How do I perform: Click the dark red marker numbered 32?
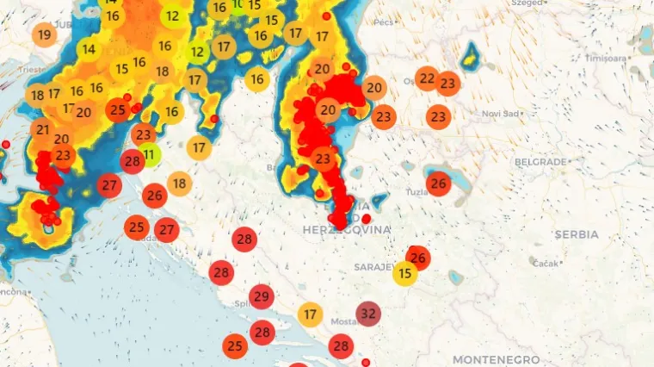point(369,313)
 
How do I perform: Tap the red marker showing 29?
point(262,297)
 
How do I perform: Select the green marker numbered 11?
point(150,155)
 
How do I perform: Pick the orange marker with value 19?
point(45,35)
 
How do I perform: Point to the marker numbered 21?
point(42,130)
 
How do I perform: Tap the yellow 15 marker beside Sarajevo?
point(405,274)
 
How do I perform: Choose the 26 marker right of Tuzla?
point(439,183)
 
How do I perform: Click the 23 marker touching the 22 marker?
point(448,84)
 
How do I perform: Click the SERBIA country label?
point(577,234)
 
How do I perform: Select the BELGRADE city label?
point(540,162)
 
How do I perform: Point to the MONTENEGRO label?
point(497,359)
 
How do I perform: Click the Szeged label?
point(527,3)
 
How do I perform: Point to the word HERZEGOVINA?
point(347,230)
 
